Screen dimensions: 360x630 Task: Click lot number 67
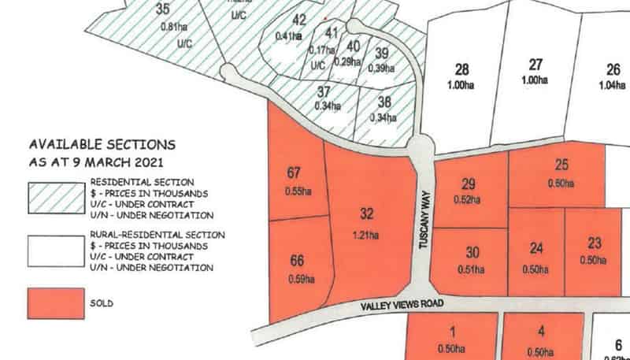click(295, 172)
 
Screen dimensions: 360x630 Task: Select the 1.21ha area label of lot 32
click(366, 234)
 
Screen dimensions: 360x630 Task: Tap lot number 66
click(297, 261)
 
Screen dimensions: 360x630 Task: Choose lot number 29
click(469, 184)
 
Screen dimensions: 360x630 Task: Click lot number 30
click(472, 253)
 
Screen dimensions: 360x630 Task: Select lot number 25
click(561, 165)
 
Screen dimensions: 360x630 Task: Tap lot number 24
click(536, 249)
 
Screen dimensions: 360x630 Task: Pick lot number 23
click(595, 243)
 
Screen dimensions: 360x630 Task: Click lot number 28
click(462, 69)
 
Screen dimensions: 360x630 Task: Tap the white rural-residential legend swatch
click(56, 251)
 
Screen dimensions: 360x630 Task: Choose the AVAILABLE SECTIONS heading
click(102, 145)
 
